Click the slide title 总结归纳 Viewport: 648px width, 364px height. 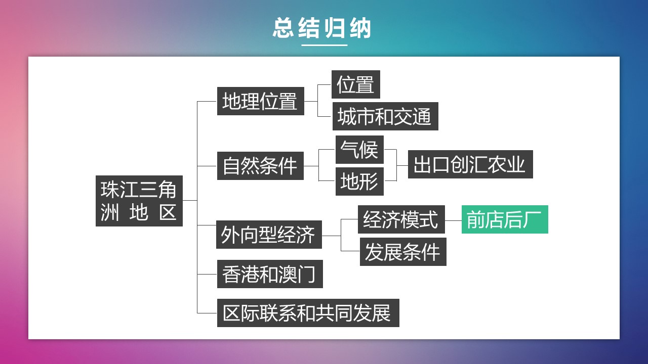tap(322, 28)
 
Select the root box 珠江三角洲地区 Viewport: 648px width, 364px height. tap(139, 201)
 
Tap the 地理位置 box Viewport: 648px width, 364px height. tap(260, 101)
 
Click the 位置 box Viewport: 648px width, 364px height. tap(355, 84)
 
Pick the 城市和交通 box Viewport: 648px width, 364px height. tap(385, 116)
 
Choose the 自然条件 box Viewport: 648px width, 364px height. tap(260, 166)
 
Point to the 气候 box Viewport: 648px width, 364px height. tap(359, 150)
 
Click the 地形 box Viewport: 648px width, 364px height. tap(359, 181)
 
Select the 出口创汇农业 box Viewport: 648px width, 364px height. tap(470, 164)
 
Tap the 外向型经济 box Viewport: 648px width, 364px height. tap(269, 235)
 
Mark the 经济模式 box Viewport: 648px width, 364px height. tap(401, 219)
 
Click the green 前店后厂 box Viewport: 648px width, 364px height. tap(504, 219)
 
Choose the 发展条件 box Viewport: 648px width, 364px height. tap(403, 252)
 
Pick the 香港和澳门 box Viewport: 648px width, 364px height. tap(270, 274)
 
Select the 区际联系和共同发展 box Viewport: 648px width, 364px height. tap(308, 313)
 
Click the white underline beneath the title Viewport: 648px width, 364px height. tap(324, 45)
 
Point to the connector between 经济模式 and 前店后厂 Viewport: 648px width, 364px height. tap(453, 220)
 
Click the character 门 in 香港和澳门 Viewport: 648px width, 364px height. tap(307, 274)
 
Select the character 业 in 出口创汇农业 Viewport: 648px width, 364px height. tap(517, 164)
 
